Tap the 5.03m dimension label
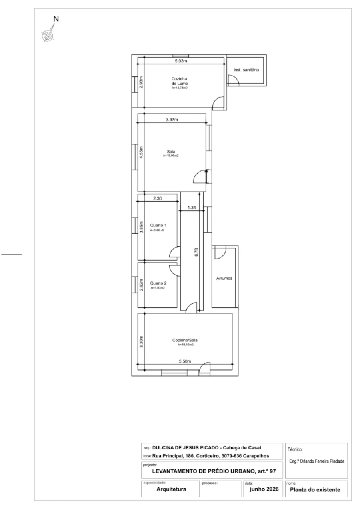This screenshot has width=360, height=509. tap(181, 61)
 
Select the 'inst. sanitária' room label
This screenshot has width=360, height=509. tap(246, 70)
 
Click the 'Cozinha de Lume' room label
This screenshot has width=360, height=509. tap(180, 81)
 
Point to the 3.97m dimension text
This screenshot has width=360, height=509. tap(172, 120)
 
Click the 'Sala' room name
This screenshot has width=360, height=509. tap(171, 152)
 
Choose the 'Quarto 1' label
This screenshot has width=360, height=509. tap(158, 225)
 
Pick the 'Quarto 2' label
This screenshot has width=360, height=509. tap(158, 283)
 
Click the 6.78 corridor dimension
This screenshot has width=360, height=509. tap(196, 252)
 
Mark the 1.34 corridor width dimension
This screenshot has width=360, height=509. tap(192, 208)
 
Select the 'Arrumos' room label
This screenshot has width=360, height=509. tap(224, 278)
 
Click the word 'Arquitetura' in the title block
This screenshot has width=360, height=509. tap(171, 489)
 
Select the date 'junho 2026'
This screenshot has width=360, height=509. tap(264, 489)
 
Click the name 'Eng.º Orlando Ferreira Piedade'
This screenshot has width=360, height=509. tap(316, 461)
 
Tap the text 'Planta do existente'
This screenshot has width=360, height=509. tap(315, 490)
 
